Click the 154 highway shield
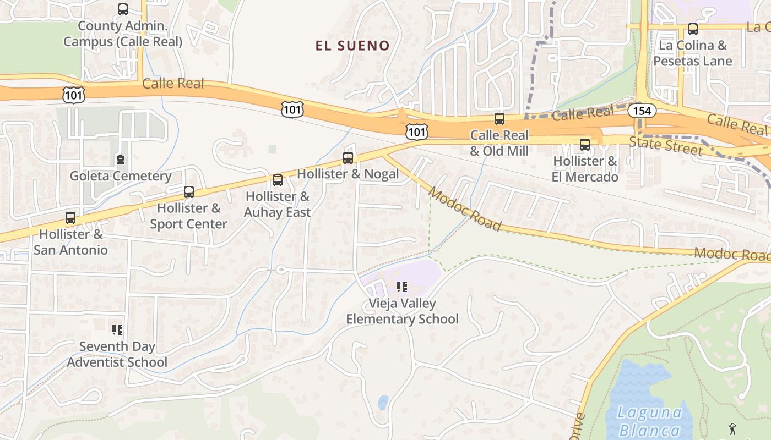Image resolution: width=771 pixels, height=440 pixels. click(642, 111)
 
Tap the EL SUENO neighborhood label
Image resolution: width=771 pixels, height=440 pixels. click(352, 46)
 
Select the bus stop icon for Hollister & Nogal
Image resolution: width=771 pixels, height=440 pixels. click(348, 158)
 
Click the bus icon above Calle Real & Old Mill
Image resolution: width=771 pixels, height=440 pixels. click(499, 119)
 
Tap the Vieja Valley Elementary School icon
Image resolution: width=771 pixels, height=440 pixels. click(402, 287)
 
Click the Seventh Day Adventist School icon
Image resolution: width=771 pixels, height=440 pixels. click(117, 330)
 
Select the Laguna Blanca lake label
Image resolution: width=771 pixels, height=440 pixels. click(649, 421)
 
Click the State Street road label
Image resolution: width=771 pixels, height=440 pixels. click(666, 146)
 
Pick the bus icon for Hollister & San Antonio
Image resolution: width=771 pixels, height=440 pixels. click(70, 218)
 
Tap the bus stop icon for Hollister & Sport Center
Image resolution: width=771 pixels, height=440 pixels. click(189, 192)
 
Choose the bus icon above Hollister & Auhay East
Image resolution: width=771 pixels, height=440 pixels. click(278, 180)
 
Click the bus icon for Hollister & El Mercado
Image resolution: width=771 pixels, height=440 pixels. click(585, 145)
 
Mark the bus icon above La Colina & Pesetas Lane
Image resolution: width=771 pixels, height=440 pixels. click(693, 29)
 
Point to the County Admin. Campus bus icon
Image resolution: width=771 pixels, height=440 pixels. click(123, 9)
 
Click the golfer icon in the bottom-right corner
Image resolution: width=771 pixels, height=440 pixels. click(732, 428)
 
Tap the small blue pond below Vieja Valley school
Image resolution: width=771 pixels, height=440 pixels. click(383, 403)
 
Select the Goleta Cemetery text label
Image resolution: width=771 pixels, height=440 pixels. click(121, 177)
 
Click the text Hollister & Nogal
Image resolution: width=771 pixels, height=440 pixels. click(348, 174)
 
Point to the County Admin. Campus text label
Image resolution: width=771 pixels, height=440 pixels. click(123, 34)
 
